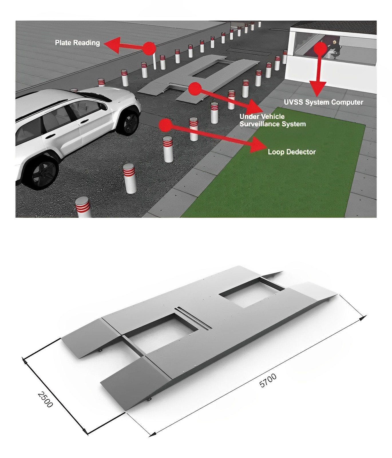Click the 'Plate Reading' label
[77, 43]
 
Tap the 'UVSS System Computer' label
[323, 102]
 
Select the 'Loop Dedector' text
[292, 152]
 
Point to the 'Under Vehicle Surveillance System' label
[272, 120]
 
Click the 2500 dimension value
[45, 399]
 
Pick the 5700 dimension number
[268, 380]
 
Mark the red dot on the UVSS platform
[195, 89]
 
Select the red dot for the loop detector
[165, 125]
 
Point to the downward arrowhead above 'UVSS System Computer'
[317, 89]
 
